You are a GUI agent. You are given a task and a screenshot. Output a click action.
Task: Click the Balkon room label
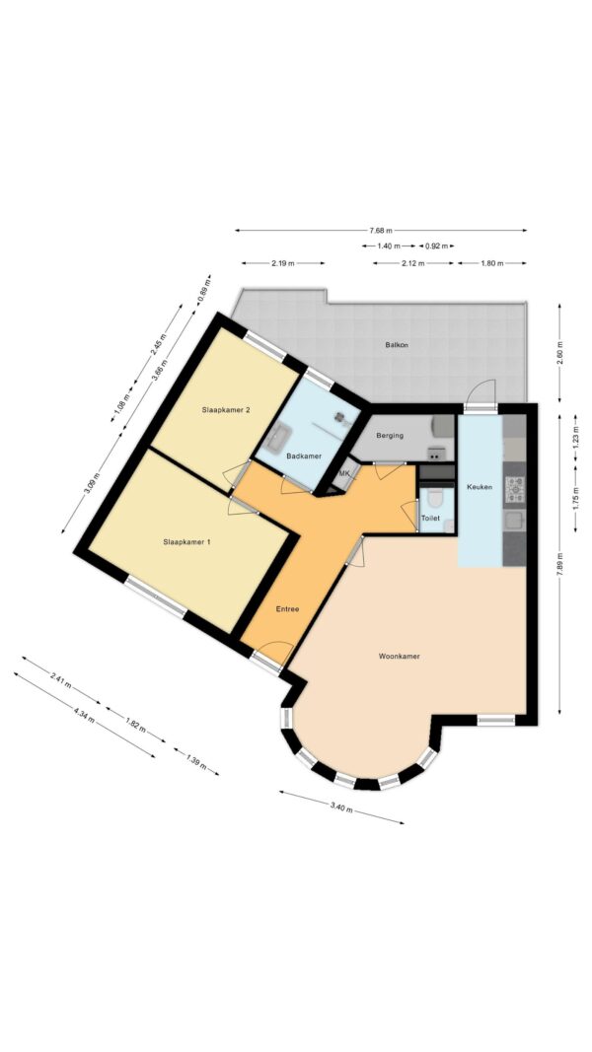coord(397,345)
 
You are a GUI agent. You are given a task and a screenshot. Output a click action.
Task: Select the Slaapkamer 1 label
coord(186,540)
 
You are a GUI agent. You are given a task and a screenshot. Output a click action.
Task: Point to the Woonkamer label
coord(399,657)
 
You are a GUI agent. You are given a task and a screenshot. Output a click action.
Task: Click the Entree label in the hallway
coord(287,609)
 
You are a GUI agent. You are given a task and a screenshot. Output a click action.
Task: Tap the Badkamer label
coord(304,456)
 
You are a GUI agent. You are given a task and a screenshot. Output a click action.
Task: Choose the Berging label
coord(390,436)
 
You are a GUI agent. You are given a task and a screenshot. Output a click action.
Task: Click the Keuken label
coord(480,487)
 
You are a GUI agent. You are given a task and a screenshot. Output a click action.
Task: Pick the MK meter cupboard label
coord(344,473)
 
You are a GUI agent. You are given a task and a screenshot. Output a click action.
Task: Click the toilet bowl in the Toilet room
coord(435,499)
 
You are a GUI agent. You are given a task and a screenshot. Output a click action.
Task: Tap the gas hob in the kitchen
coord(515,490)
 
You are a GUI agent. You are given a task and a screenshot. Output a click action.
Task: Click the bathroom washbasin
coord(277,437)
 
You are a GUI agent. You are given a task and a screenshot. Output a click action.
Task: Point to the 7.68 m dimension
coord(381,230)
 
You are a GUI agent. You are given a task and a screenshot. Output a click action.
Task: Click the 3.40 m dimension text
coord(341,808)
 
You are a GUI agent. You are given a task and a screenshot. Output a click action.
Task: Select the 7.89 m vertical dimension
coord(559,564)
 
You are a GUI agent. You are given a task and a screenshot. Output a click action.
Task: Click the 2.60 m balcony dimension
coord(559,352)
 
